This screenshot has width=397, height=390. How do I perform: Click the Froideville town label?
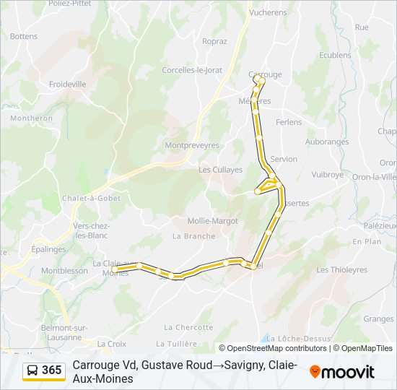(67, 84)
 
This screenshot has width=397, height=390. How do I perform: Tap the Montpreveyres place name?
(191, 145)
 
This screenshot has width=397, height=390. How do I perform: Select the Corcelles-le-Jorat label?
(192, 70)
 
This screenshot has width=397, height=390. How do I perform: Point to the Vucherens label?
(268, 12)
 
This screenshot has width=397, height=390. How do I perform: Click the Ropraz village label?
(214, 41)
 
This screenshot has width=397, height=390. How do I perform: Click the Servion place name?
(284, 159)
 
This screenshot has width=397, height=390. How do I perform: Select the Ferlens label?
(289, 122)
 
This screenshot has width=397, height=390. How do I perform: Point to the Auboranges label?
(327, 142)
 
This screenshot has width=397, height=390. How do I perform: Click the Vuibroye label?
(328, 175)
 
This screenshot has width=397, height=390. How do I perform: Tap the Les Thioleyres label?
(342, 270)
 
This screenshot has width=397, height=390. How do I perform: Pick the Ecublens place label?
(335, 55)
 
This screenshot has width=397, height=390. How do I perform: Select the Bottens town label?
(24, 36)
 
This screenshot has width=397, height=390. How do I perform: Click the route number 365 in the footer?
(52, 370)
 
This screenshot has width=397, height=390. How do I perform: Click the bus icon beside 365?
(32, 370)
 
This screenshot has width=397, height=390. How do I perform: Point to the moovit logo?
(342, 372)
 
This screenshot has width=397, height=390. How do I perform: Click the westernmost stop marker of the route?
(114, 269)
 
